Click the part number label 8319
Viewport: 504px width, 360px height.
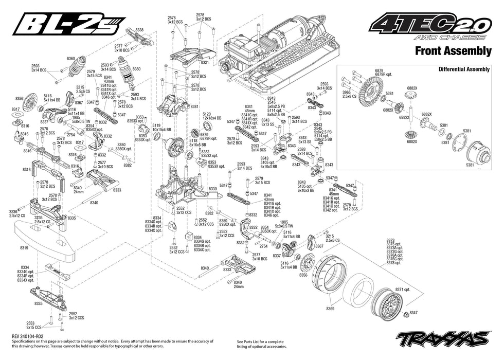[x=24, y=248]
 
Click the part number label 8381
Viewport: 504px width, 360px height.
[x=194, y=106]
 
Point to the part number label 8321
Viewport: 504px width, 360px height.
[x=205, y=62]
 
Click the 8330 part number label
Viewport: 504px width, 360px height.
[x=212, y=189]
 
